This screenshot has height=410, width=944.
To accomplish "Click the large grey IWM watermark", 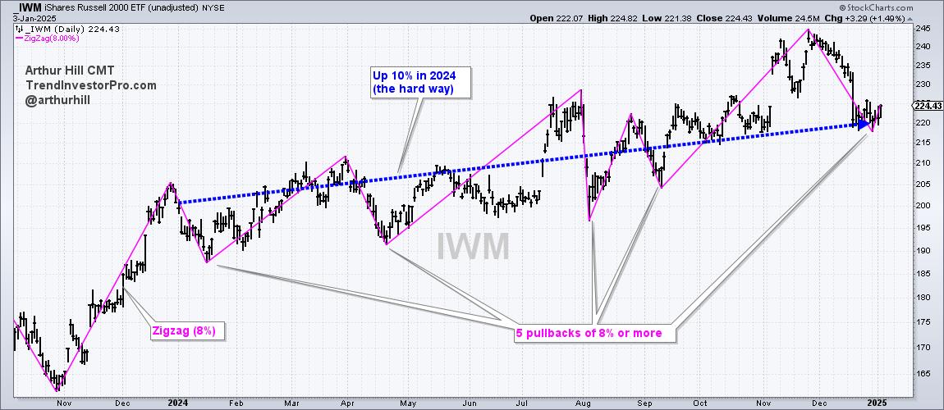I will (x=472, y=246).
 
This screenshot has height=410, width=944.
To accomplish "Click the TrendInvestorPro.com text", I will (x=78, y=84).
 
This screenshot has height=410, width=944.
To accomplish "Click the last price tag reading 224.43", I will (x=927, y=105).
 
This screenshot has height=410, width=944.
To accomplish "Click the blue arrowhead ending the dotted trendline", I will (x=862, y=125).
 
